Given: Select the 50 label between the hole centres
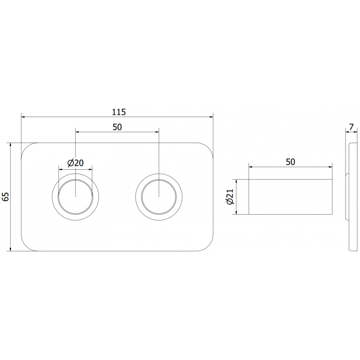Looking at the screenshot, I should click(x=117, y=127).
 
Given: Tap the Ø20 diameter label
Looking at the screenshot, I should click(x=76, y=163).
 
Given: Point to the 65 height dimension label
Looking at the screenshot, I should click(x=6, y=197).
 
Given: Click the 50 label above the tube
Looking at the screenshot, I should click(x=291, y=162).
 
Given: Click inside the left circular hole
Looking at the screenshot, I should click(x=76, y=197).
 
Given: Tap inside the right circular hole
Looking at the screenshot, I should click(x=159, y=197).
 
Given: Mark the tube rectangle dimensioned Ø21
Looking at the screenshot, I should click(x=291, y=197).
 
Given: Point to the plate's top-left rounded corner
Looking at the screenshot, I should click(x=27, y=148).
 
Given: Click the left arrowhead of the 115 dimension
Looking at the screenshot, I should click(x=23, y=117).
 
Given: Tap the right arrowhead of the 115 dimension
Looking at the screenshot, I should click(x=211, y=117).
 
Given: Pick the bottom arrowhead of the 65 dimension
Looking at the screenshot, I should click(x=11, y=249).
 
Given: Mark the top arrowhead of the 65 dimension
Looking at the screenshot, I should click(x=11, y=145).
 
